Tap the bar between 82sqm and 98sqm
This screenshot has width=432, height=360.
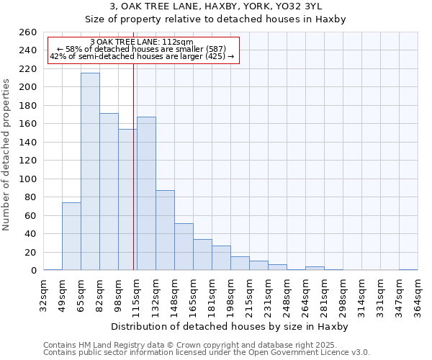coord(109,192)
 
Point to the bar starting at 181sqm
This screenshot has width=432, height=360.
coord(221,258)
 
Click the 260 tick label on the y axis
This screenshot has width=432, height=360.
coord(27,32)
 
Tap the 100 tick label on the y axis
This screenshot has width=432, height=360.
coord(27,179)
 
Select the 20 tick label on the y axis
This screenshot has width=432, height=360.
coord(30,252)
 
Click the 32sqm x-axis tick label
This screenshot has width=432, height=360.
coord(43,293)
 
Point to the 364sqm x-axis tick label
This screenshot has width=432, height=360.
coord(418,293)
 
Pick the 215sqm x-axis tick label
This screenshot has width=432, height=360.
coord(249,293)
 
